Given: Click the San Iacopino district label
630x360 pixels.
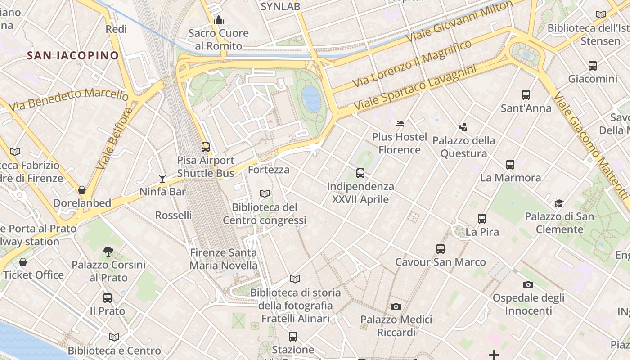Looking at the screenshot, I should coord(73,55).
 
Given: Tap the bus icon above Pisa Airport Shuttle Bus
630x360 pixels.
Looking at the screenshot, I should coord(206,147).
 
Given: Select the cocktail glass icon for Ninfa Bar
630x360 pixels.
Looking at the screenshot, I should coord(162,179).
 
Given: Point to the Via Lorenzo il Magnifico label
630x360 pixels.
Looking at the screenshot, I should coord(412,63).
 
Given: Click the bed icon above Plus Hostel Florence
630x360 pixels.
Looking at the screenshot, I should coord(400,123).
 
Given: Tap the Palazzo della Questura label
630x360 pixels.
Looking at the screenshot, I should coord(463,147).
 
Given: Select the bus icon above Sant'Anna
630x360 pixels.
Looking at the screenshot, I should coord(526,95).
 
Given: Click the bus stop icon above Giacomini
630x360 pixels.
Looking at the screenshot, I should coord(593,66).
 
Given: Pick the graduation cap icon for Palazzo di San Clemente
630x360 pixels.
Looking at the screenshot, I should coord(559,203).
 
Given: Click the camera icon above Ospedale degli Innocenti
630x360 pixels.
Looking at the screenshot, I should coord(528,284).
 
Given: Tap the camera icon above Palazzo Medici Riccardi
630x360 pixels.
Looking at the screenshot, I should coord(396,306).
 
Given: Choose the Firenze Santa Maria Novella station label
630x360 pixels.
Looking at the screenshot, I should coord(224,259).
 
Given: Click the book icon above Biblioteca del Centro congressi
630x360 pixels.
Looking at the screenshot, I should coord(265,193).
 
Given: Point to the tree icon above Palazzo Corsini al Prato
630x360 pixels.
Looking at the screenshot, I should coord(108,251).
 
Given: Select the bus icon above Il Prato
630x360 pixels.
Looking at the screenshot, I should coord(108,297).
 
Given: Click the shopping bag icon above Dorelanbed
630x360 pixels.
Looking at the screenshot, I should coord(82,190).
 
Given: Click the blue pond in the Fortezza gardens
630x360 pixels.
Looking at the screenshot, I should coord(311,99).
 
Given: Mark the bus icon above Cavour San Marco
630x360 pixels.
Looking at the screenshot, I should coord(441,248).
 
